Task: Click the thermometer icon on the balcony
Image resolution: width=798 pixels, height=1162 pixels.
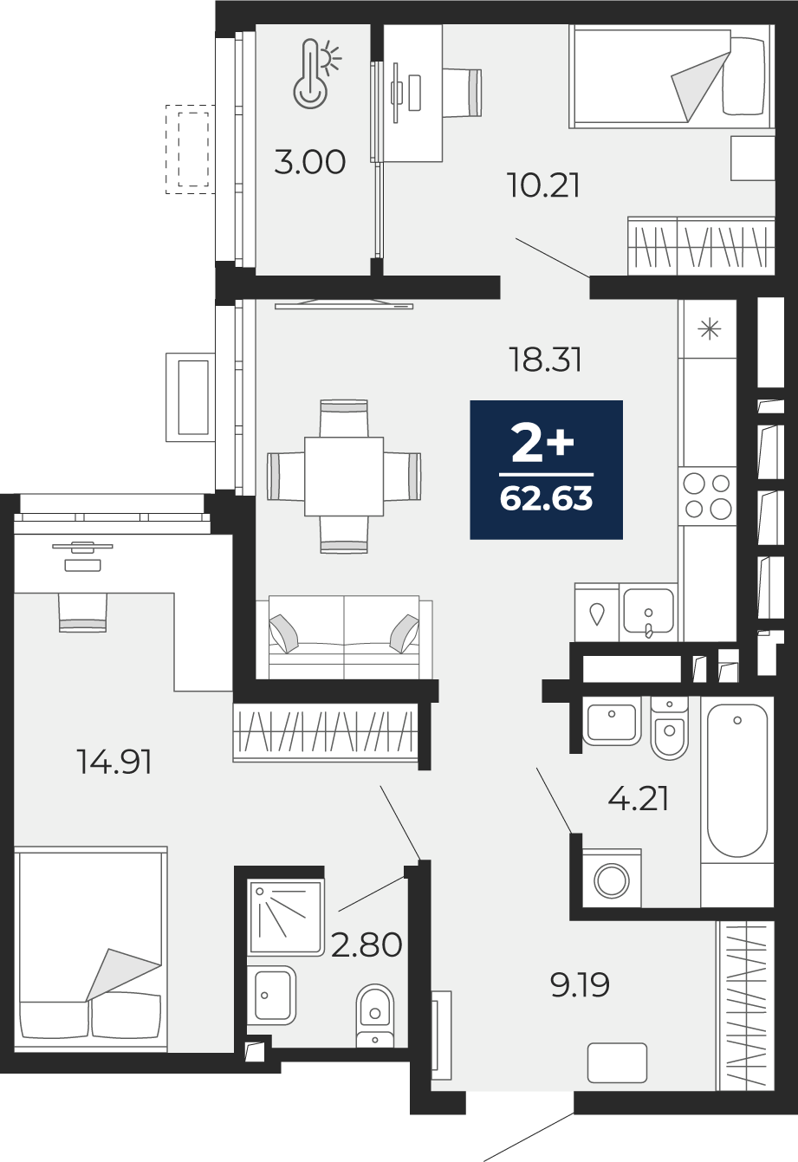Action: (315, 75)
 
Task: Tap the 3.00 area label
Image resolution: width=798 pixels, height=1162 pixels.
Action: (310, 162)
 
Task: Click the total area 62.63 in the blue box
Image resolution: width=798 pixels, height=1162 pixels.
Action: (547, 499)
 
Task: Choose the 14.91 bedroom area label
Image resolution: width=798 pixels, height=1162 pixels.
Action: (114, 763)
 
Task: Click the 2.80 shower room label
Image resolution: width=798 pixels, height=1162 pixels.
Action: (367, 945)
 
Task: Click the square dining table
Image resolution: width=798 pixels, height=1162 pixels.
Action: (344, 477)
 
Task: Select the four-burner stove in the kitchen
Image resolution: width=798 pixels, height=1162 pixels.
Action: (707, 497)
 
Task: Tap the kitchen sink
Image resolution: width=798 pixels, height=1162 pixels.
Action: (648, 613)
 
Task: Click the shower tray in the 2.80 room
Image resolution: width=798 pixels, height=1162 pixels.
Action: (286, 917)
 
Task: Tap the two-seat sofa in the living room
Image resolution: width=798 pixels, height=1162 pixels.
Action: (345, 637)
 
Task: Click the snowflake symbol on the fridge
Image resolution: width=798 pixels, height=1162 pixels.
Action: (710, 329)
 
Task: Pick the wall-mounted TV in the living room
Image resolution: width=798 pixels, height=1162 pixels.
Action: (344, 304)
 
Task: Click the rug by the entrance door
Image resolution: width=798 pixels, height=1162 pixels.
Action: (618, 1062)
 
